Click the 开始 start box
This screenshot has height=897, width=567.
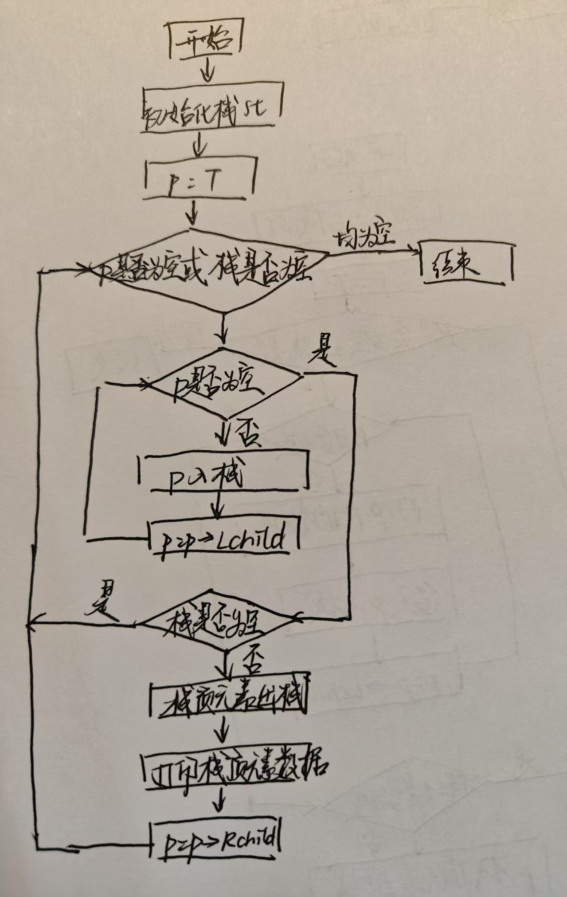coord(205,41)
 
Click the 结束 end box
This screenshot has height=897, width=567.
coord(465,263)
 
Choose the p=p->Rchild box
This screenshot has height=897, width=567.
coord(217,838)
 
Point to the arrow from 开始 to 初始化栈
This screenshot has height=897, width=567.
coord(208,71)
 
